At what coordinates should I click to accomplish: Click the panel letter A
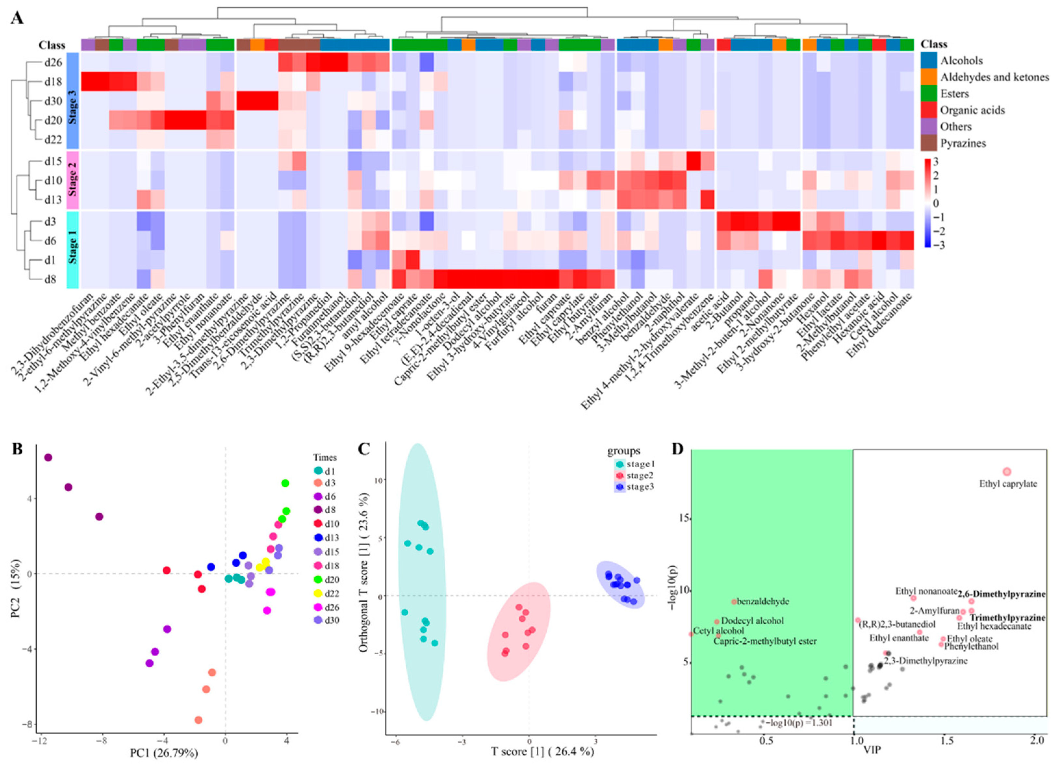17,19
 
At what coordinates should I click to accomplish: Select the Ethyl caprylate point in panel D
1007,471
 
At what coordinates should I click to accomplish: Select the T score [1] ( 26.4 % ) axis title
542,751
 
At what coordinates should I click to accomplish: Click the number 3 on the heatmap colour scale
936,161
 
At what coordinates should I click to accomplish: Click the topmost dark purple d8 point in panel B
48,458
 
